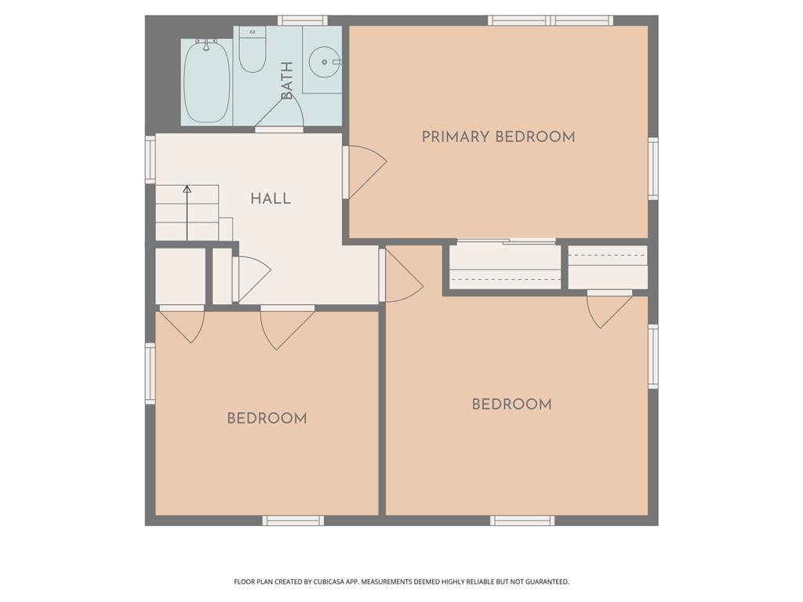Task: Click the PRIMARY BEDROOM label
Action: (x=498, y=137)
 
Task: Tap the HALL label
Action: (x=271, y=198)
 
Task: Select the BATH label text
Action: (x=287, y=81)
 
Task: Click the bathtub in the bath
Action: (x=206, y=82)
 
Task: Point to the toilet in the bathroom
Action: (x=252, y=50)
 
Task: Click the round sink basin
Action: (x=324, y=62)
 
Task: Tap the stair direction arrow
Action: (x=187, y=213)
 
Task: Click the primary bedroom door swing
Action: (x=368, y=172)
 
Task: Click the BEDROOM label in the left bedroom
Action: (x=267, y=419)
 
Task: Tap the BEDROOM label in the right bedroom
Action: (x=511, y=404)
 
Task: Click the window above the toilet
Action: (x=302, y=20)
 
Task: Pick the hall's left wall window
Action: (x=150, y=159)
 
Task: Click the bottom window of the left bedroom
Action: (x=293, y=520)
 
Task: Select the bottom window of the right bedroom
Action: (x=522, y=520)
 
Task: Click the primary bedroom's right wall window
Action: (x=653, y=169)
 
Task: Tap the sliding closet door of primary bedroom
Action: (x=506, y=241)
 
